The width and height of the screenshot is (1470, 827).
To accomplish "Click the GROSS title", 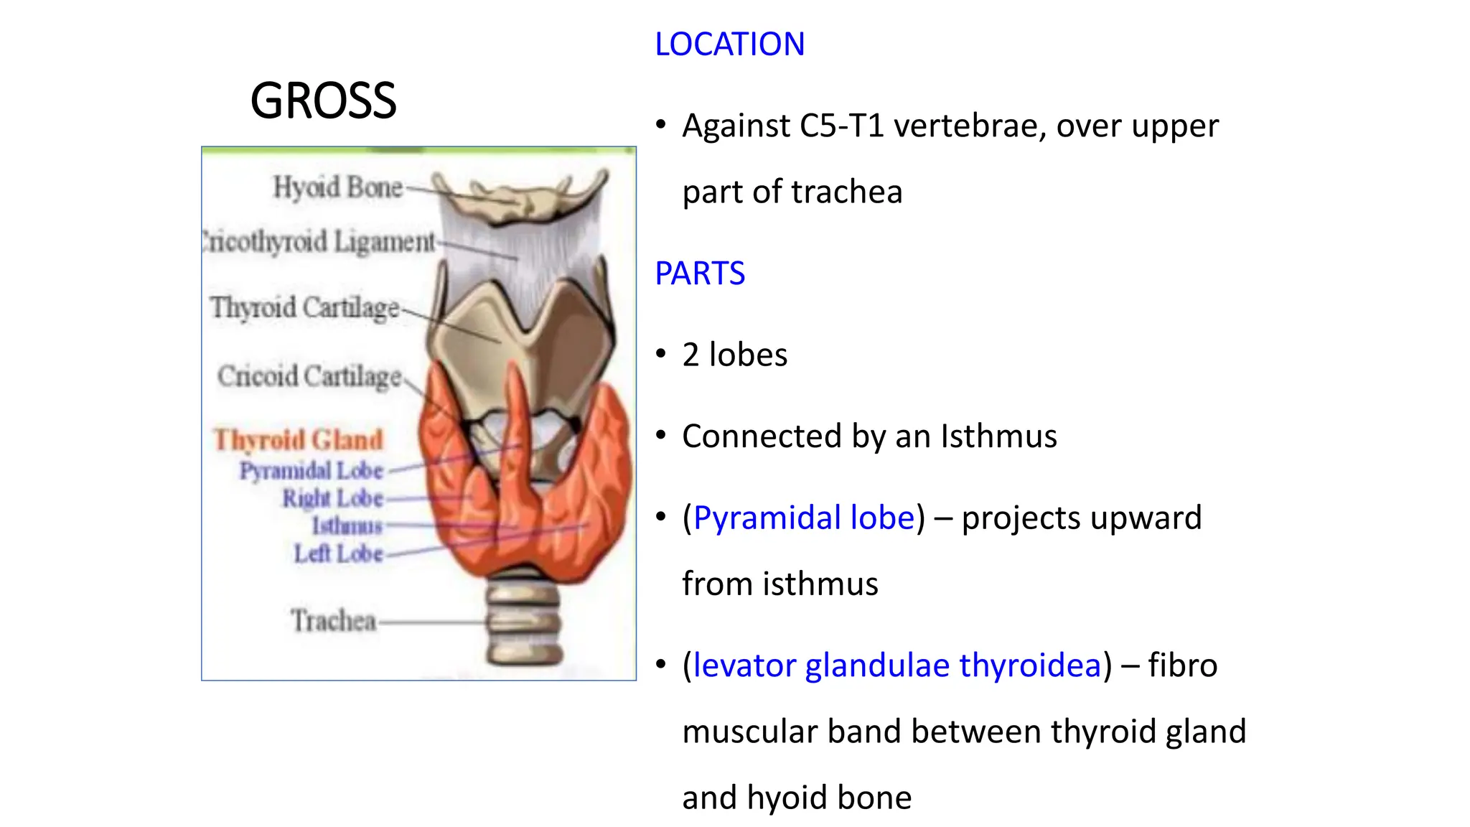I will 323,101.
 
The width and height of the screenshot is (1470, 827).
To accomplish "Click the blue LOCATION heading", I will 729,45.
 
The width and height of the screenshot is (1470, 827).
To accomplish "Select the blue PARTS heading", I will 700,274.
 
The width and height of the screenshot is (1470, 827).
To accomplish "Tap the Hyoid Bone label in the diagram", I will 337,187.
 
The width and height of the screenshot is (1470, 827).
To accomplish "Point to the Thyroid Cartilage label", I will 304,307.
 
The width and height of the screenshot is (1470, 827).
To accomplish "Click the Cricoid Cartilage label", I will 309,376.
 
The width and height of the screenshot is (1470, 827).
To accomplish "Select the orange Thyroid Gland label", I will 299,439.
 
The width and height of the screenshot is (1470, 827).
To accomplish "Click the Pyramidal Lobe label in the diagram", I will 312,471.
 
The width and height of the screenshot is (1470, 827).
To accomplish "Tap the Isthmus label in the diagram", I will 347,526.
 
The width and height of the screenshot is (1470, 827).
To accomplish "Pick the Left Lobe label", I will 338,553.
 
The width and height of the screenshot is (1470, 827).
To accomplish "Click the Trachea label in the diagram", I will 333,620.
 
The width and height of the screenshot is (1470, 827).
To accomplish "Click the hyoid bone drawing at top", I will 523,197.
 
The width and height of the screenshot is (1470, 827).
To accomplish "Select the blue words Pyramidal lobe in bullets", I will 804,518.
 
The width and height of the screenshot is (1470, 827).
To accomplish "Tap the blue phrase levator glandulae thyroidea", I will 896,665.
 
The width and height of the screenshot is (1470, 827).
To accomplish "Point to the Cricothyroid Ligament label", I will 319,242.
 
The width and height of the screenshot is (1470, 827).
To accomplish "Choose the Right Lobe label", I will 332,498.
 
